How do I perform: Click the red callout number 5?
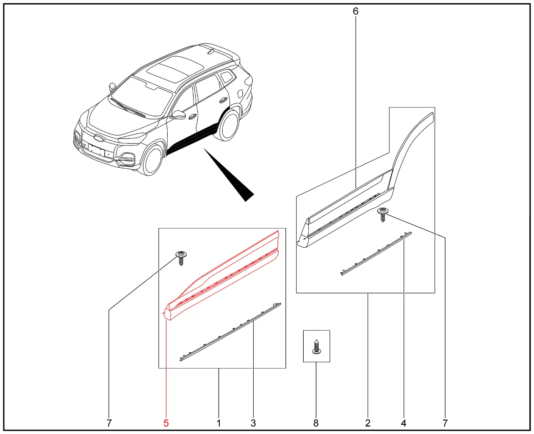(x=166, y=423)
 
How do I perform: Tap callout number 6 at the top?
(x=355, y=11)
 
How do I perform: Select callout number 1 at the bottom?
(x=219, y=423)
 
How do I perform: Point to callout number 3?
(x=253, y=423)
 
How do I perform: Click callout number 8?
(x=316, y=423)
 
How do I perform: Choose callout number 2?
(x=368, y=423)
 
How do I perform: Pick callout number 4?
(x=403, y=423)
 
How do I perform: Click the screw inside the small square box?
(x=316, y=347)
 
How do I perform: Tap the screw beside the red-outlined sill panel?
(x=181, y=258)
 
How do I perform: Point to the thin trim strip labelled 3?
(x=230, y=332)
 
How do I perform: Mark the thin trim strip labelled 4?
(x=376, y=253)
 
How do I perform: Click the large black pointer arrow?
(x=229, y=175)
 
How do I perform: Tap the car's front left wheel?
(x=152, y=159)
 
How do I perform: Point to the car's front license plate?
(x=96, y=151)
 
